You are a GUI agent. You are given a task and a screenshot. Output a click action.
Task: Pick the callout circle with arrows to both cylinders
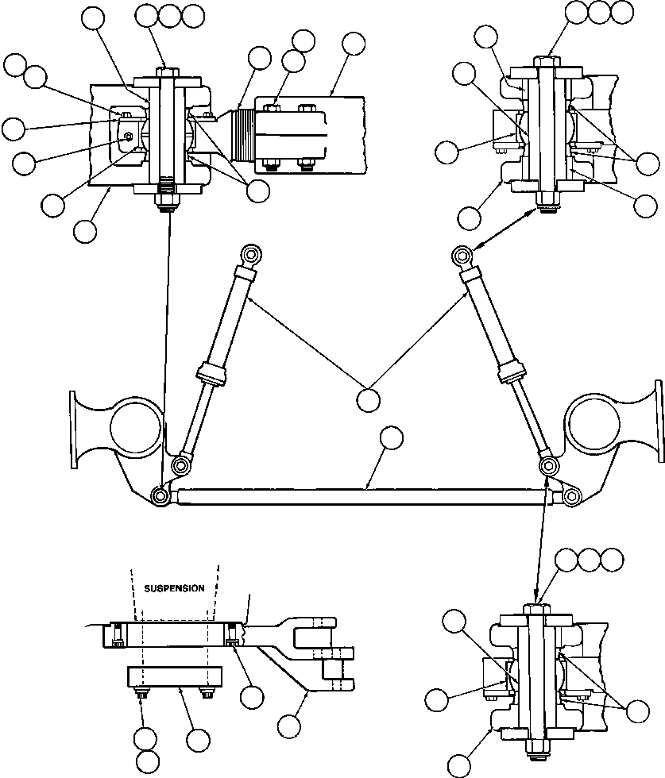click(x=368, y=399)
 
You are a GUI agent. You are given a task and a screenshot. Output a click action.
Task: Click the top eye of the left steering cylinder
click(x=249, y=255)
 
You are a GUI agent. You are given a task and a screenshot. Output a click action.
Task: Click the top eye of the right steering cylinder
click(x=462, y=255)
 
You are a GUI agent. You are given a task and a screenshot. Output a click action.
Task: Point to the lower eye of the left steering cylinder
click(x=182, y=464)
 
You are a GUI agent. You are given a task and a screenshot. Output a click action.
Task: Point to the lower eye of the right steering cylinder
click(x=547, y=464)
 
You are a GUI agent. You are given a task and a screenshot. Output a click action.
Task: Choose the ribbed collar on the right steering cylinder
click(x=511, y=373)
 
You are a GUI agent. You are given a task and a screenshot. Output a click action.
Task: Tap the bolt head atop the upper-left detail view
click(x=167, y=72)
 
